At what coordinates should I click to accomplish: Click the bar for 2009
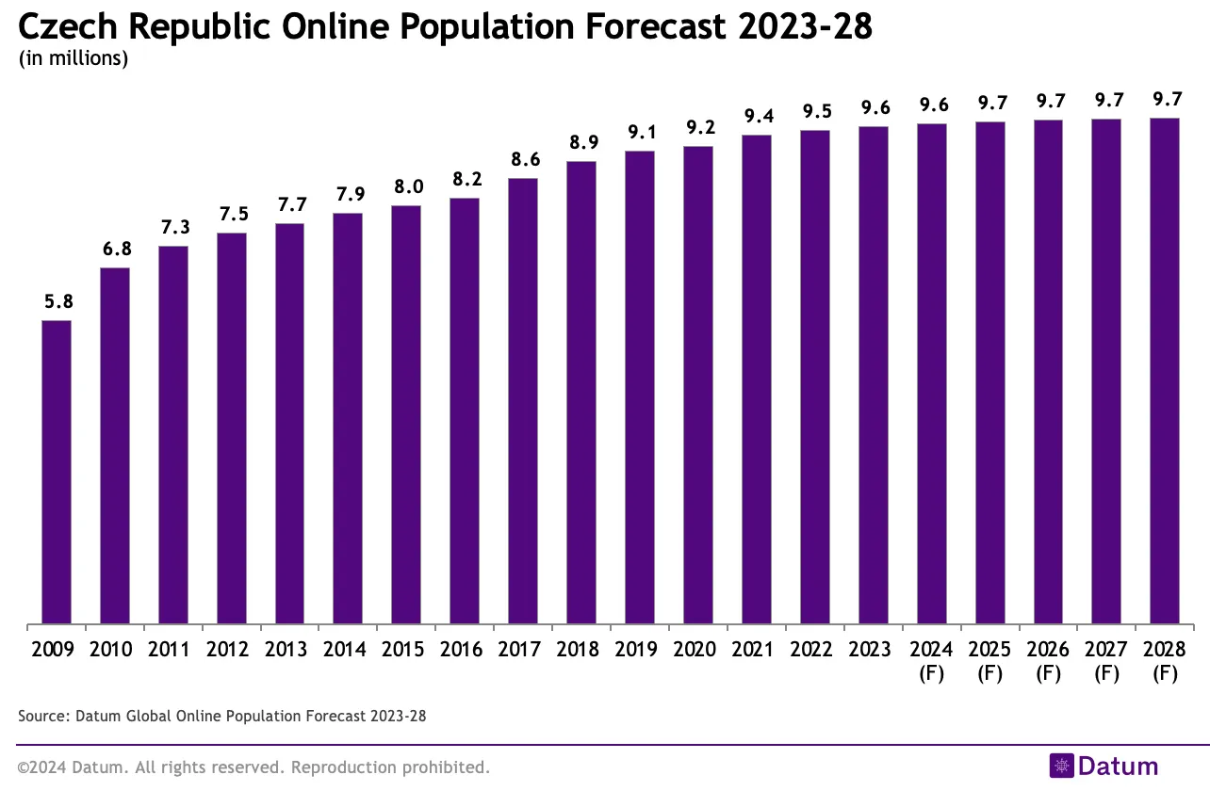[x=57, y=472]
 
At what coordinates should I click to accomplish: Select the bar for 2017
[x=522, y=400]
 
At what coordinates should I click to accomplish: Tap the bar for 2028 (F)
[x=1164, y=371]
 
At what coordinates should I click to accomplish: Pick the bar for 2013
[x=289, y=423]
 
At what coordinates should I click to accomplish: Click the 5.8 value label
[x=57, y=302]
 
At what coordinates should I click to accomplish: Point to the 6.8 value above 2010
[x=115, y=250]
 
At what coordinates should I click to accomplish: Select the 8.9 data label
[x=580, y=143]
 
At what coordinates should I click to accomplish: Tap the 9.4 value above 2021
[x=756, y=116]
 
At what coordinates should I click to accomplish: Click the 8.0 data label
[x=406, y=186]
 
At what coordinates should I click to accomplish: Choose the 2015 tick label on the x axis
[x=406, y=650]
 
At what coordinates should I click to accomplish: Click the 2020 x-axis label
[x=697, y=650]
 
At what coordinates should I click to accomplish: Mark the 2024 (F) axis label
[x=931, y=661]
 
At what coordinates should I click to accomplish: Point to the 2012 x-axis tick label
[x=231, y=650]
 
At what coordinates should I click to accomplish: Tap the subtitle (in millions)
[x=74, y=58]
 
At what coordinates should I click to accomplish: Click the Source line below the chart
[x=222, y=717]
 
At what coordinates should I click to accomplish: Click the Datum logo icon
[x=1061, y=766]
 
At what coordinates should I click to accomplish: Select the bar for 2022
[x=814, y=377]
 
